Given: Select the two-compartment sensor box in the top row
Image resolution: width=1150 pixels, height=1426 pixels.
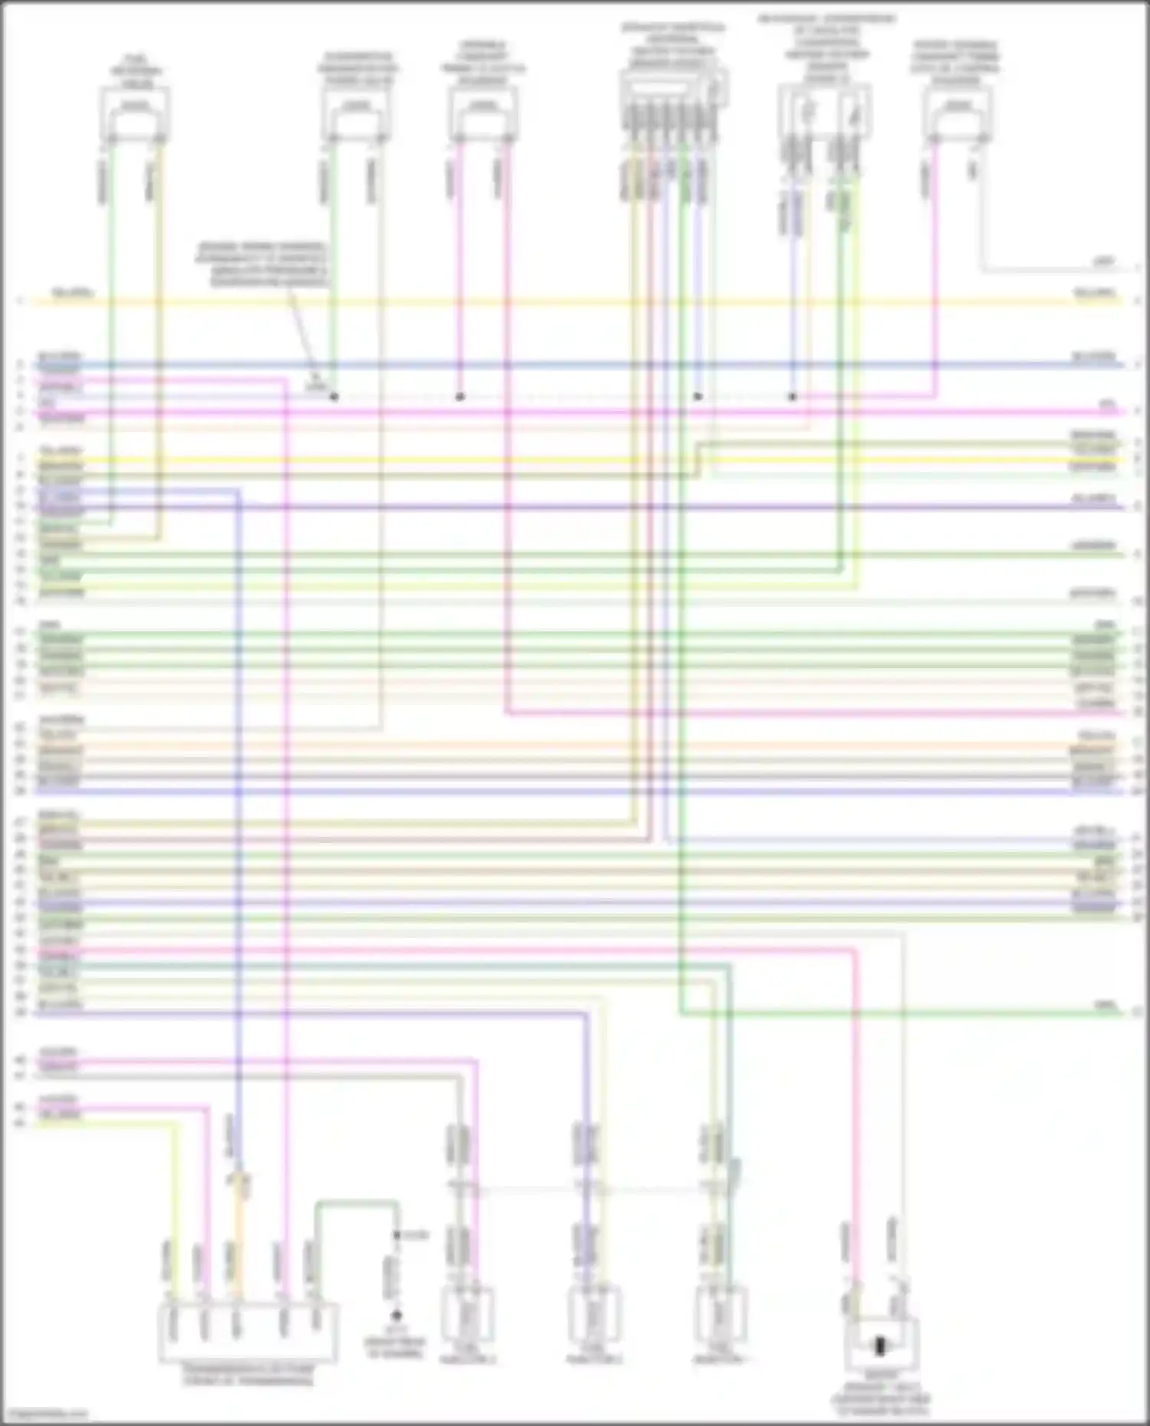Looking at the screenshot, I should (825, 112).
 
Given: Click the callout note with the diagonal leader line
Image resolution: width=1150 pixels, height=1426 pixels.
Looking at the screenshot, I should (263, 264).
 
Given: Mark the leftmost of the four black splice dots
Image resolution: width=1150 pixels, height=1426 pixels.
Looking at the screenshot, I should (334, 397).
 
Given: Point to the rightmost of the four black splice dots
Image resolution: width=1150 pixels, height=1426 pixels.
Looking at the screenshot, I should (793, 397).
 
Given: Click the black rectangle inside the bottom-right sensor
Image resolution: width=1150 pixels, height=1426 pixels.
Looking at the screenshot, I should (880, 1346).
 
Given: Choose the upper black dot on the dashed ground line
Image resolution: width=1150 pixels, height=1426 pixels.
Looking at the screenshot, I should (396, 1235).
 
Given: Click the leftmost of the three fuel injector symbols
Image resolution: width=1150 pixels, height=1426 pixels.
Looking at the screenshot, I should (467, 1315).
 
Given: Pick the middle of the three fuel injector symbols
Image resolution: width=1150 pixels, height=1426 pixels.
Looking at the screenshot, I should (594, 1315).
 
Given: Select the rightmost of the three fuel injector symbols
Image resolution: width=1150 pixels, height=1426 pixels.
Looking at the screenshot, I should (721, 1315).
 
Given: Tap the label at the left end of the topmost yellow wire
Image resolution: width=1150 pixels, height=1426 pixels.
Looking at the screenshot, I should (73, 293).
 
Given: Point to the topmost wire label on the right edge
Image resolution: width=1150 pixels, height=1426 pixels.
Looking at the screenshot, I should (1104, 263).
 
